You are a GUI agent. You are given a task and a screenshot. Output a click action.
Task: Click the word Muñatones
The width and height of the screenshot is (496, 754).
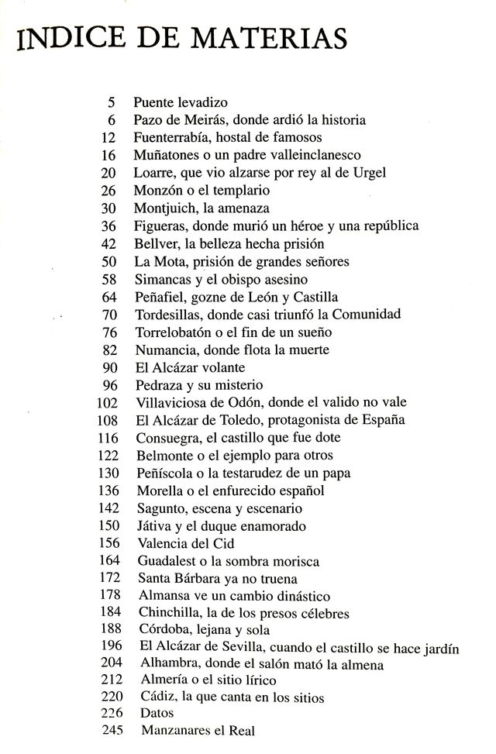point(165,154)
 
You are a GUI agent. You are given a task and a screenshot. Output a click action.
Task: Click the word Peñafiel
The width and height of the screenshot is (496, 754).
point(158,296)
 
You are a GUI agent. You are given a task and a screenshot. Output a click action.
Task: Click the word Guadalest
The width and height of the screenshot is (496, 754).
point(169,561)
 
